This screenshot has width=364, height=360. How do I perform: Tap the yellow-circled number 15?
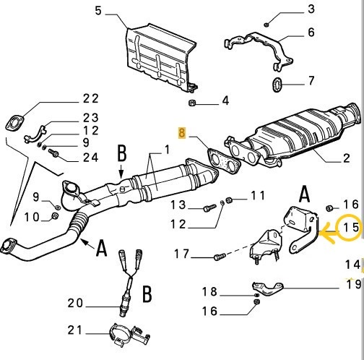coord(350,228)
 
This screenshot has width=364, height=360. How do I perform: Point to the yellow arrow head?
coord(324,233)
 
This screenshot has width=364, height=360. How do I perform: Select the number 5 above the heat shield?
coord(100,12)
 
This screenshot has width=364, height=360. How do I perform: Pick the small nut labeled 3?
coord(267,23)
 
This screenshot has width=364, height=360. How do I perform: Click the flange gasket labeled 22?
coord(14,121)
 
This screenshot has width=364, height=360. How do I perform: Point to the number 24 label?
coord(90,158)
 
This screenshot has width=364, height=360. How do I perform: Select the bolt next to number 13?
coord(209,209)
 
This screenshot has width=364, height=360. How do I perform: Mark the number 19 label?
coord(352,284)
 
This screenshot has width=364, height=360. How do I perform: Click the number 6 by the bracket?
coord(311,33)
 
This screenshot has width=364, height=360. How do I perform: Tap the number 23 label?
coord(90,118)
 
